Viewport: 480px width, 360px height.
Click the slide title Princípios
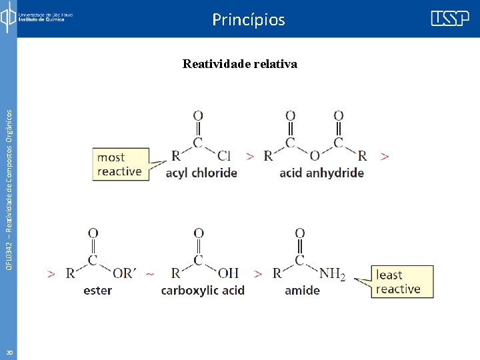pos(249,20)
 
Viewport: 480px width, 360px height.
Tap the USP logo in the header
pos(450,18)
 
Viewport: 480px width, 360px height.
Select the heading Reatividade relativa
pos(240,64)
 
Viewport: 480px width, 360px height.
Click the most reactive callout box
pos(120,164)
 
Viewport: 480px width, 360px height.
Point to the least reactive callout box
pos(402,282)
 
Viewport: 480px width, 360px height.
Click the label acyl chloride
pos(201,173)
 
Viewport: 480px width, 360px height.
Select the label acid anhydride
pos(321,173)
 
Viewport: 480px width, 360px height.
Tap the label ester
pos(98,291)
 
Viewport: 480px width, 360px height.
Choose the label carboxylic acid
pos(203,291)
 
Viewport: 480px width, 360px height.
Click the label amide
pos(302,291)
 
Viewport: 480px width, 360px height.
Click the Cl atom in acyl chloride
pos(224,156)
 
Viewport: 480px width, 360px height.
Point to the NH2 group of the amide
pos(332,273)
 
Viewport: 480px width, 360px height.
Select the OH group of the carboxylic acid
pos(228,273)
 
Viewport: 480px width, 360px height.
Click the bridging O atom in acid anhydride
pos(315,156)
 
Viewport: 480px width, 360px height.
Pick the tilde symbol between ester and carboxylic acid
pos(150,273)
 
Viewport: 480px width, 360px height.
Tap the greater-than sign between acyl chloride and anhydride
pos(250,156)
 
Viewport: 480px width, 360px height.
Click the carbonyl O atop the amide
pos(300,233)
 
